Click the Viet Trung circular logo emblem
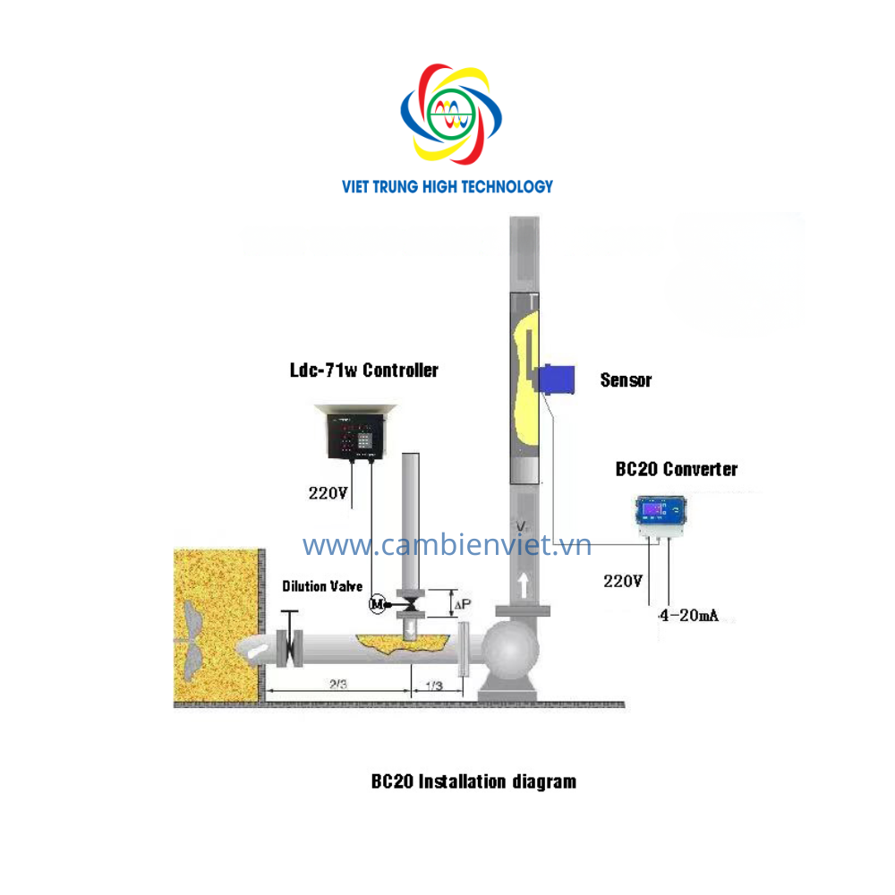point(451,114)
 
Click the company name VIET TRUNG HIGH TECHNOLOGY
point(447,187)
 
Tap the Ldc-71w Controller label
point(364,371)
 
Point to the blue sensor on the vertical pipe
point(556,379)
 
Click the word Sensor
point(626,380)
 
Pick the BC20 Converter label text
point(677,469)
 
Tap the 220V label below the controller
point(328,493)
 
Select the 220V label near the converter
point(623,581)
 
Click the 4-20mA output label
point(688,616)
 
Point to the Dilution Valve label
point(322,586)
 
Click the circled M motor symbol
point(378,604)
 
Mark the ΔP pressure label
point(463,604)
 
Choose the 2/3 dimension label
point(338,683)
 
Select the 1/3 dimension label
point(434,685)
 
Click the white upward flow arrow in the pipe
point(523,585)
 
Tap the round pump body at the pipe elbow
point(510,649)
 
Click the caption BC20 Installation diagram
point(473,781)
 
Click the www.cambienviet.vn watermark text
point(447,545)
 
